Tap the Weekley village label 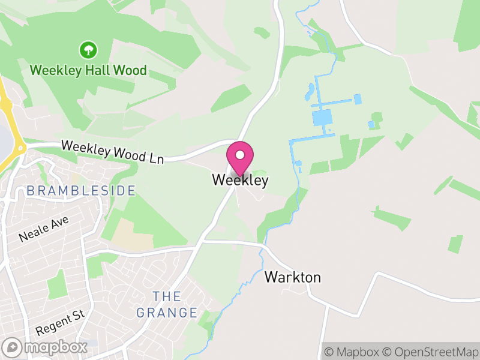[x=240, y=180]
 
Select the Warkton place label [x=293, y=277]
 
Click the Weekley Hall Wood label [x=88, y=70]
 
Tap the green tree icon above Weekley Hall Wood [x=88, y=49]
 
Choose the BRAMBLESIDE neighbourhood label [x=80, y=191]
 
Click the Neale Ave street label [x=44, y=229]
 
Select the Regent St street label [x=60, y=322]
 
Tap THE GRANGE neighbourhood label [x=167, y=304]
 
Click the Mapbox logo [x=45, y=347]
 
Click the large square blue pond [x=322, y=117]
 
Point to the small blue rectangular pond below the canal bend [x=298, y=164]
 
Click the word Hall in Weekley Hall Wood [x=103, y=70]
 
